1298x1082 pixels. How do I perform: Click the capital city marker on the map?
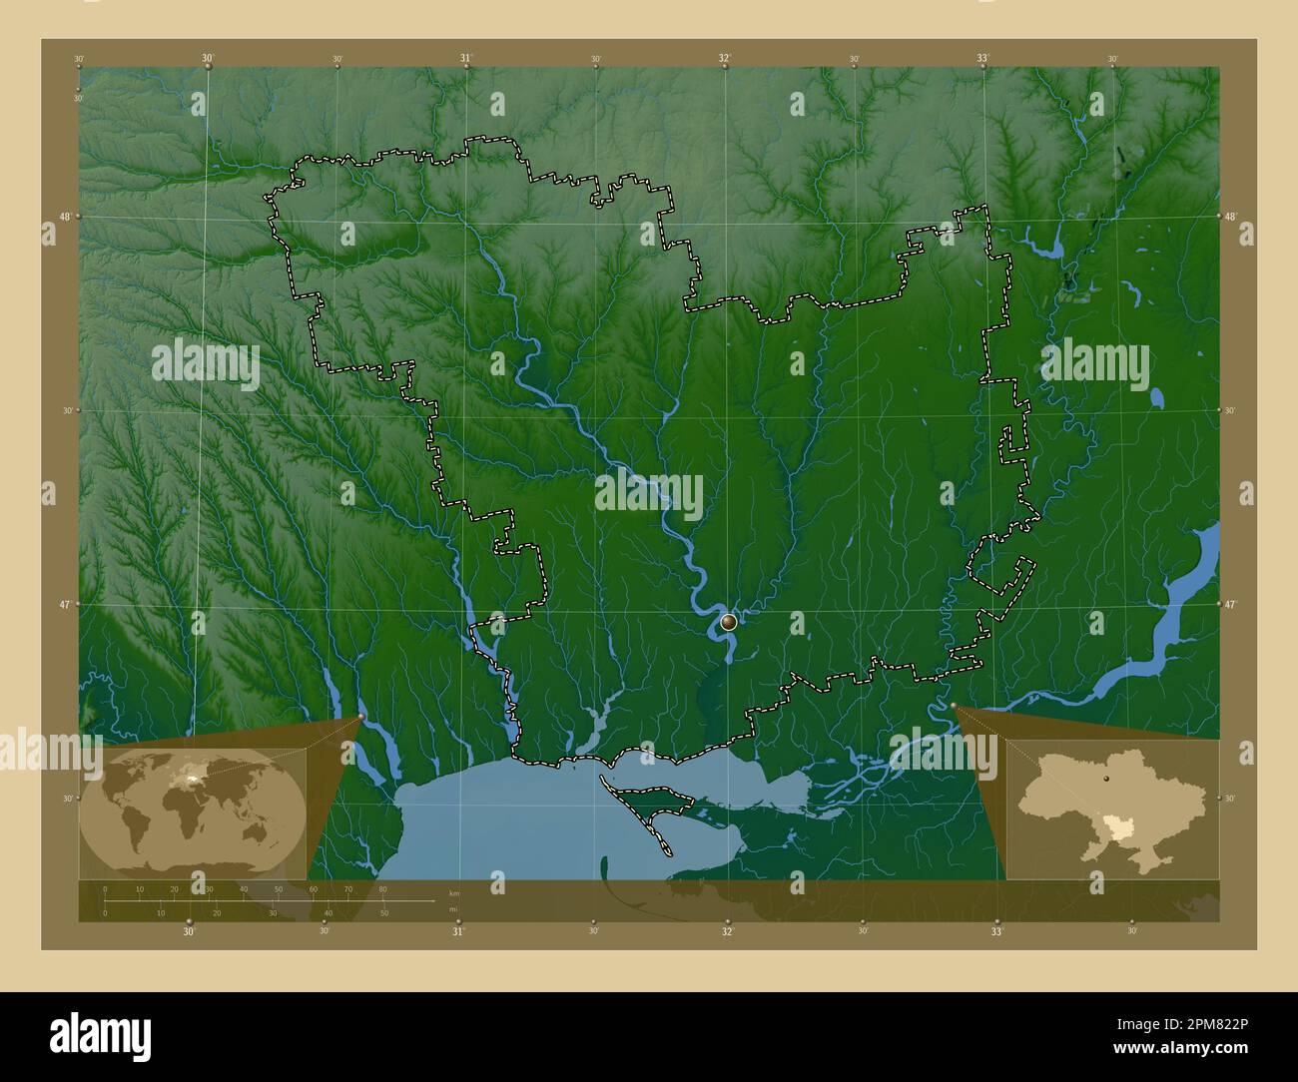point(729,623)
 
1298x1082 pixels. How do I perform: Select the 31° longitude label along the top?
point(466,58)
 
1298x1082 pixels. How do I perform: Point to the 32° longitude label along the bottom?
point(728,931)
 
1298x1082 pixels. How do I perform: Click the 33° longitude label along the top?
point(983,58)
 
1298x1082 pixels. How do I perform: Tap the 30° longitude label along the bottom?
point(189,931)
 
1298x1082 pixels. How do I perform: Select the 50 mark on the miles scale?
point(383,912)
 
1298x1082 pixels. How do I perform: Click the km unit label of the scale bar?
point(453,892)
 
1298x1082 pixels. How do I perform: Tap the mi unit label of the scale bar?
point(452,909)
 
